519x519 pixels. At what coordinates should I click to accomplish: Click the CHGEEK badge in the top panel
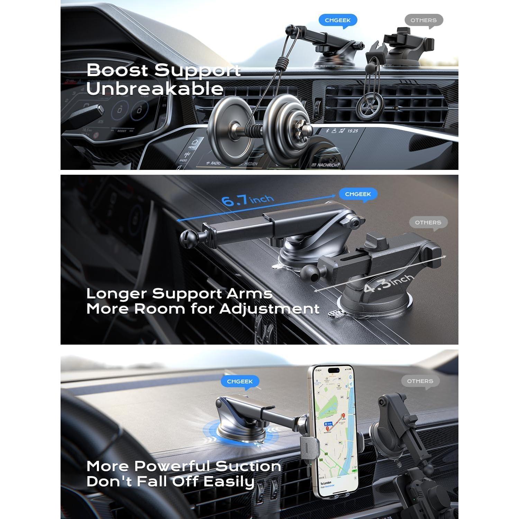tap(337, 20)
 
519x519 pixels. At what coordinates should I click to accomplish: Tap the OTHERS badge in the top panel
tap(424, 20)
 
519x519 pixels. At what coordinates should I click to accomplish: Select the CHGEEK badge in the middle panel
tap(357, 194)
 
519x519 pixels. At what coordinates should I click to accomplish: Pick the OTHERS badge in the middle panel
tap(428, 222)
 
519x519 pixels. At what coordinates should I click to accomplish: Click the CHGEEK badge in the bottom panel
tap(240, 381)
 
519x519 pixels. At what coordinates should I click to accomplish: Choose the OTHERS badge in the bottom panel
tap(420, 381)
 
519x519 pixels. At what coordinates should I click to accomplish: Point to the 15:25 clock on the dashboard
tap(353, 131)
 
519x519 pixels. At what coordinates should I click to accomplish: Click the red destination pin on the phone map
tap(343, 416)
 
